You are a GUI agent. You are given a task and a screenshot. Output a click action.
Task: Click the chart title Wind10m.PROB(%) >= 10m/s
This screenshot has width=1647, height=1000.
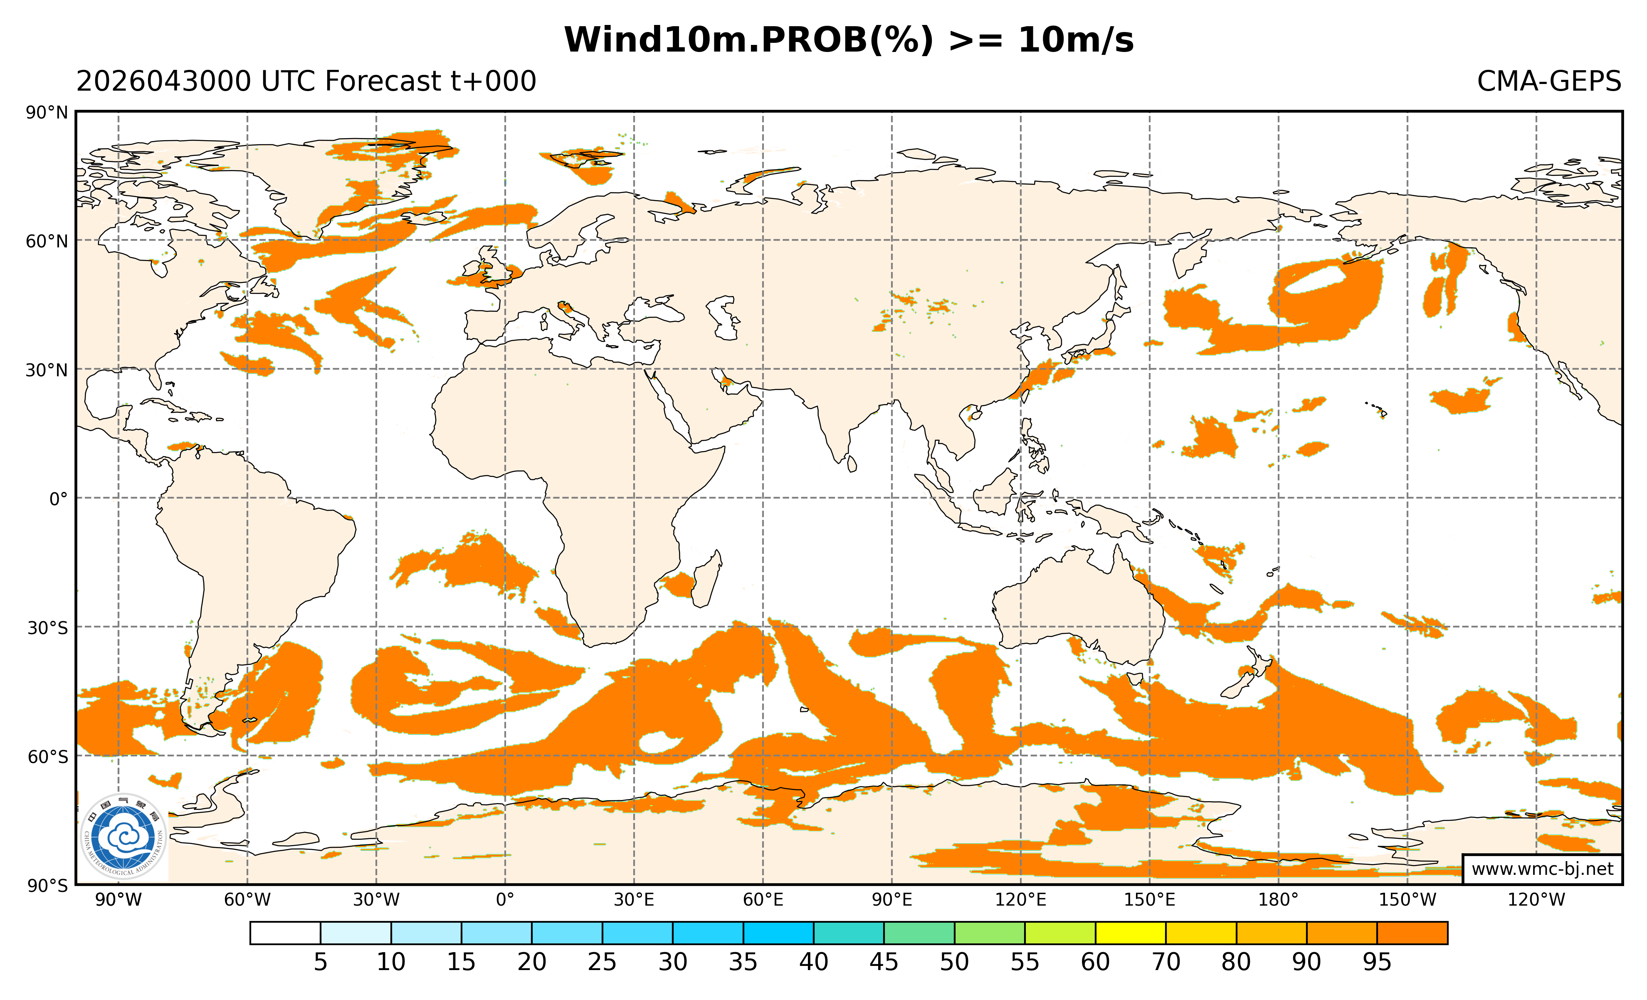(x=849, y=40)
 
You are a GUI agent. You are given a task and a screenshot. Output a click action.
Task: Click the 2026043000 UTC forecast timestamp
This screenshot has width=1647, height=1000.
(x=306, y=81)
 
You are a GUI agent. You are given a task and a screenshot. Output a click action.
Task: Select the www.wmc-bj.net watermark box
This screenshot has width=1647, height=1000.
(x=1542, y=869)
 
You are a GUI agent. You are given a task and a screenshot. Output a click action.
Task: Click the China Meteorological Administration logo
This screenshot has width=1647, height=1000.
(x=123, y=836)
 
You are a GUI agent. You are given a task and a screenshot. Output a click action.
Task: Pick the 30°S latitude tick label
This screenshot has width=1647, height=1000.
(x=47, y=628)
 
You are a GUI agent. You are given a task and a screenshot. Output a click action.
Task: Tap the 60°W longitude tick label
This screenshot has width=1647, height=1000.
(x=247, y=900)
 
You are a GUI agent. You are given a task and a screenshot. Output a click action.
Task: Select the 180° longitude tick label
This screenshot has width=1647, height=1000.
(x=1278, y=900)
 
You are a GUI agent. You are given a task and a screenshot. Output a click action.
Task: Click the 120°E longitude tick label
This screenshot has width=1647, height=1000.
(x=1021, y=900)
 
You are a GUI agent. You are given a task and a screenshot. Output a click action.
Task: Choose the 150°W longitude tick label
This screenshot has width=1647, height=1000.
(x=1407, y=900)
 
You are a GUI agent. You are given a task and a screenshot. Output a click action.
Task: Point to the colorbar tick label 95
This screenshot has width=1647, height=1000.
(x=1377, y=963)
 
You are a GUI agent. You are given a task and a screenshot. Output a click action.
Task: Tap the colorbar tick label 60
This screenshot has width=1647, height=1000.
(x=1095, y=963)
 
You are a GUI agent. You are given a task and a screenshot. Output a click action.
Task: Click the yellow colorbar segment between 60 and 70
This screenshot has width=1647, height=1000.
(x=1130, y=933)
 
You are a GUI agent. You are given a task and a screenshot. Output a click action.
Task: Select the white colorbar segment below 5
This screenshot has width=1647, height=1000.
(x=285, y=933)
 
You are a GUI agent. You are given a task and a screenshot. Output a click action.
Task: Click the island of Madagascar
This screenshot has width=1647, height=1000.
(x=707, y=580)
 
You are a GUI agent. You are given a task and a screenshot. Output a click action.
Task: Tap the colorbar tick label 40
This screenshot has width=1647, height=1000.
(x=813, y=963)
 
